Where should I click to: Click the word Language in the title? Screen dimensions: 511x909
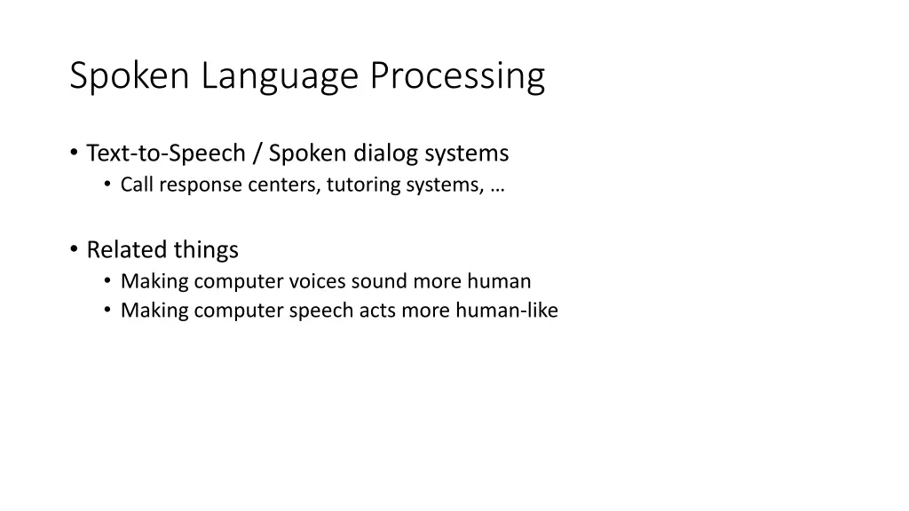click(x=281, y=77)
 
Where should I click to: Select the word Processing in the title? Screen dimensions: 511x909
click(x=457, y=77)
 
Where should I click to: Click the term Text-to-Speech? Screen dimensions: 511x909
click(x=165, y=153)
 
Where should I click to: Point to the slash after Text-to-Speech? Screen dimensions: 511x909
click(x=257, y=153)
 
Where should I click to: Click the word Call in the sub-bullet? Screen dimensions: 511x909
click(x=138, y=185)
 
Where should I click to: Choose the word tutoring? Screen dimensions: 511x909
click(x=363, y=185)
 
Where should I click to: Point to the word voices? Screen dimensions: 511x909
click(x=318, y=282)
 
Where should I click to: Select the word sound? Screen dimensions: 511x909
click(x=378, y=282)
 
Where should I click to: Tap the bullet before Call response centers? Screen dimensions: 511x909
click(x=107, y=185)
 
